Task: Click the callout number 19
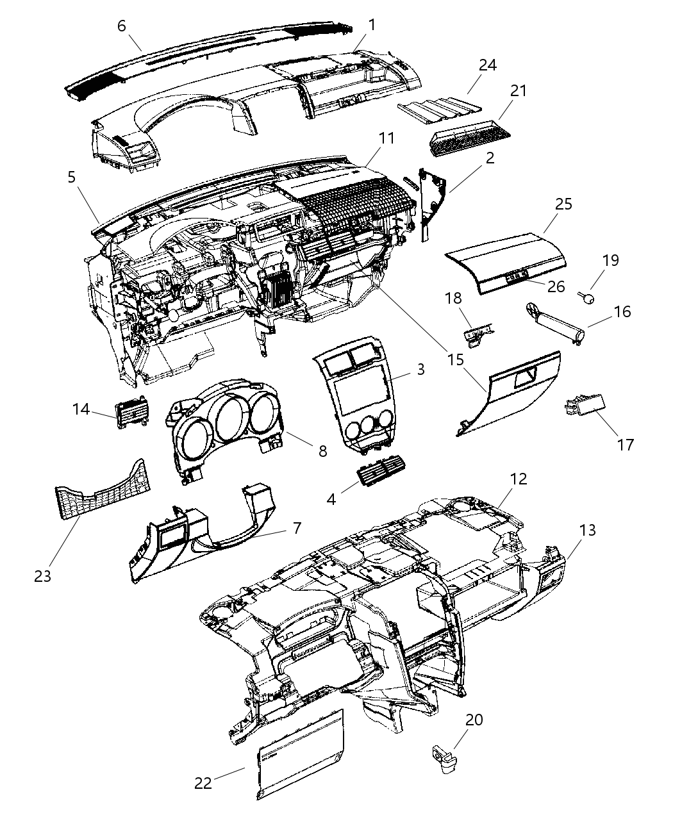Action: click(610, 260)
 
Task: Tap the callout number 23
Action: click(43, 575)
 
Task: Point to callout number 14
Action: click(81, 408)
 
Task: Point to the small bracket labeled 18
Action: click(478, 334)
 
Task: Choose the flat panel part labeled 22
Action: click(300, 763)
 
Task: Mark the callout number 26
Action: click(556, 286)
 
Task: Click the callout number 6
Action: click(122, 26)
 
